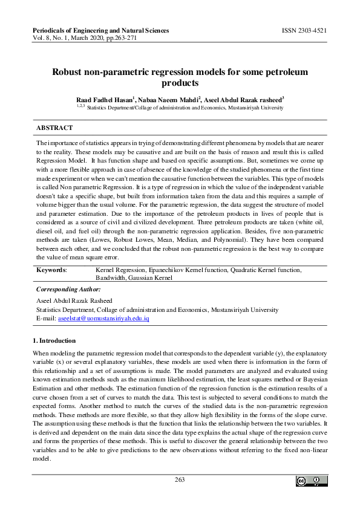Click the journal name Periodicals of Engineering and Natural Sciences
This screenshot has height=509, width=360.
point(100,30)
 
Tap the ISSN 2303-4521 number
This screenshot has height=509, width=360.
point(305,30)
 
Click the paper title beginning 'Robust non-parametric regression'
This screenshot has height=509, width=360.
point(180,77)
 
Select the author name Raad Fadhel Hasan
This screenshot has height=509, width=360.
point(103,99)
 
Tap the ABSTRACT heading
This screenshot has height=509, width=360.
point(54,128)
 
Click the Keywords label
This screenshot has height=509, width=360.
point(51,270)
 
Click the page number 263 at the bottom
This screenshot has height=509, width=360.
point(180,480)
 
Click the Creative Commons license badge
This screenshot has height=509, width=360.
point(311,481)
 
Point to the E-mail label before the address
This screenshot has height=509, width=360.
point(46,317)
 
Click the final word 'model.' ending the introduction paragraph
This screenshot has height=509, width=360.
point(41,459)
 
